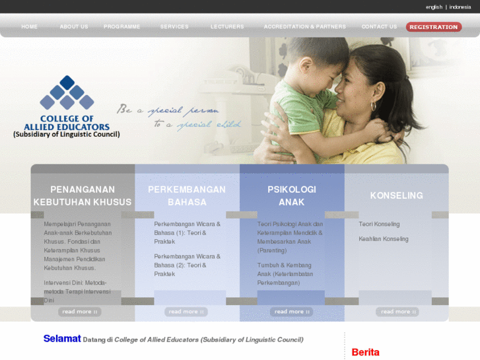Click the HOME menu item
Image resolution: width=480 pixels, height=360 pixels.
tap(29, 27)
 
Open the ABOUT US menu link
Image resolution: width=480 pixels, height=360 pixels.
tap(74, 27)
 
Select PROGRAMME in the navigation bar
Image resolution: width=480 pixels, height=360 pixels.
tap(121, 27)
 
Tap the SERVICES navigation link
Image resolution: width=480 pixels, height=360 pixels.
tap(174, 27)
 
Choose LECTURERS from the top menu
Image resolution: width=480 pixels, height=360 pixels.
tap(227, 27)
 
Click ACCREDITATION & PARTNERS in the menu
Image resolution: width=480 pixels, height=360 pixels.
tap(304, 27)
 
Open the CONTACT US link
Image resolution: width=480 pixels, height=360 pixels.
tap(379, 27)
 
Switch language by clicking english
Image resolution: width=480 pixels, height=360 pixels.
tap(434, 7)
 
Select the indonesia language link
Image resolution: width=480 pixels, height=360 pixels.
tap(460, 7)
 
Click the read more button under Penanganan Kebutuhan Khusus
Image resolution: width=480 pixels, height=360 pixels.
tap(80, 312)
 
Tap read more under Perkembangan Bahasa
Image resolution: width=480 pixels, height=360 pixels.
tap(186, 312)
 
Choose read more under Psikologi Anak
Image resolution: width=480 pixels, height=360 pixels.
tap(291, 312)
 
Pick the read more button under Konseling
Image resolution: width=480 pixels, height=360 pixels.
tap(397, 312)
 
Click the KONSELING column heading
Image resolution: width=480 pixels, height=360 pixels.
tap(396, 196)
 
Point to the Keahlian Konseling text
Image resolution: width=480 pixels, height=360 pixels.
tap(384, 239)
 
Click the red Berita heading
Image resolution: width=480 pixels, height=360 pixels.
tap(365, 352)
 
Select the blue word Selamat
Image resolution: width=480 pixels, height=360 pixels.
tap(62, 339)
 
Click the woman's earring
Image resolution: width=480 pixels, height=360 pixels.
tap(373, 106)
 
